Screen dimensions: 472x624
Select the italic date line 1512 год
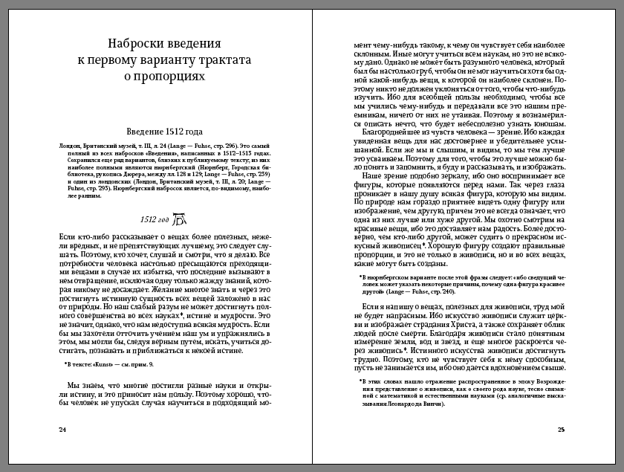click(155, 220)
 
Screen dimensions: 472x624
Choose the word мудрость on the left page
click(224, 325)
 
